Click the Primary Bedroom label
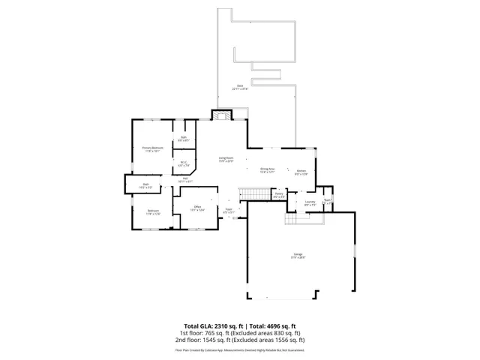click(153, 148)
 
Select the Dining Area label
click(268, 170)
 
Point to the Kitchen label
click(301, 172)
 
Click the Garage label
click(298, 256)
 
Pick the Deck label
click(240, 87)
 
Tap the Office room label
click(199, 208)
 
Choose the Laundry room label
click(309, 202)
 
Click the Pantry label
click(278, 196)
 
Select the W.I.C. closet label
click(183, 163)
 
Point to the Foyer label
click(229, 211)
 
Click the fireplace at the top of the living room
click(222, 115)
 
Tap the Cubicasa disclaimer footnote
click(240, 349)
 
